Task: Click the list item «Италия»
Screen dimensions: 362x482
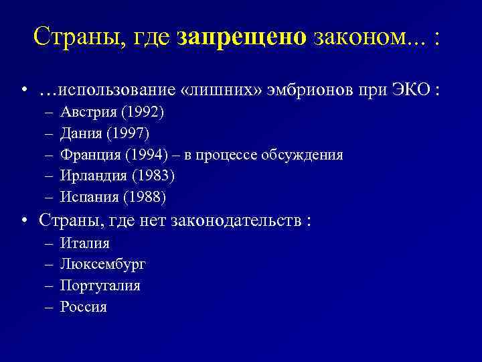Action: point(84,243)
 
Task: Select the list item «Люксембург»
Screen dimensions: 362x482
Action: point(102,264)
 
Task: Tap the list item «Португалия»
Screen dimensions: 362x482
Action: point(100,286)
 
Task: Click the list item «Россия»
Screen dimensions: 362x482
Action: point(83,307)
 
